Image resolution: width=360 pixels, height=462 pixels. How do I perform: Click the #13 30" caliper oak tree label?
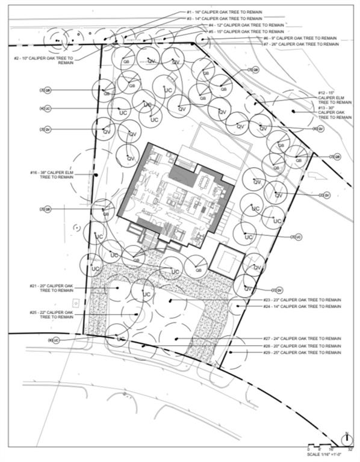(335, 112)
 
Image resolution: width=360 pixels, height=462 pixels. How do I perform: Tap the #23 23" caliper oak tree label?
(302, 300)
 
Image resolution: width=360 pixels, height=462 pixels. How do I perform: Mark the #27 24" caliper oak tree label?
(302, 339)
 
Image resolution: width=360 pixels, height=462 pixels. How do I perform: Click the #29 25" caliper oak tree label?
(302, 353)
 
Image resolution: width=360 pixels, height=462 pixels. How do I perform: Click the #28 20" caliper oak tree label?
(302, 346)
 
